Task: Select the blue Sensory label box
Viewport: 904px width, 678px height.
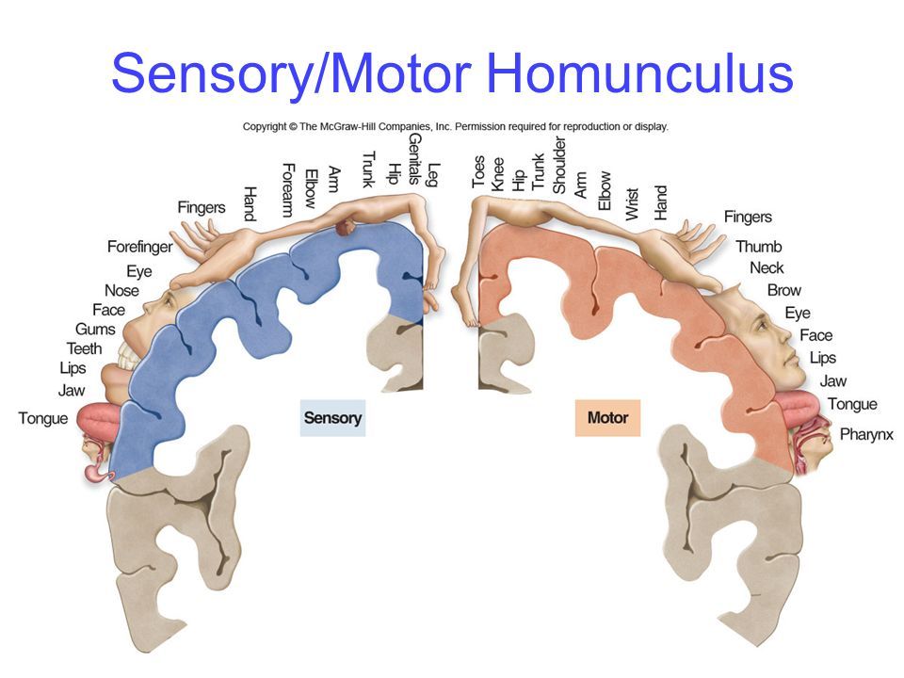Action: [x=332, y=417]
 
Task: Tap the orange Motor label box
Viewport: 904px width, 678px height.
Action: [x=607, y=417]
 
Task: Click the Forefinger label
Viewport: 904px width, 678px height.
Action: [x=140, y=248]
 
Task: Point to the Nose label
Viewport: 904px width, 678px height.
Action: [x=121, y=291]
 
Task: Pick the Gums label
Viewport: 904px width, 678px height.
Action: [x=95, y=330]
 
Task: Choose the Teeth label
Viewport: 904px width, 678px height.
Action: [x=84, y=348]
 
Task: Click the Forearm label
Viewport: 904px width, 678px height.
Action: [x=288, y=190]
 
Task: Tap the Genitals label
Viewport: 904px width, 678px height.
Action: [x=414, y=158]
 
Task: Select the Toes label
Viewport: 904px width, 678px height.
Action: [x=478, y=171]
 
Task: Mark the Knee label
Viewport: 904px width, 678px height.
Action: [x=497, y=174]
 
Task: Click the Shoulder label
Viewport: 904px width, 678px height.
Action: [x=558, y=165]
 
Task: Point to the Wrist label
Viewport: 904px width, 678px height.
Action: [x=632, y=203]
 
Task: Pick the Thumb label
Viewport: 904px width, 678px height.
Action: [x=759, y=247]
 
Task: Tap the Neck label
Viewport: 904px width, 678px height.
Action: [x=767, y=268]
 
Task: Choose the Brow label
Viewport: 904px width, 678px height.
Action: [x=784, y=290]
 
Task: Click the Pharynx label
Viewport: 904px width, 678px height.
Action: [x=866, y=435]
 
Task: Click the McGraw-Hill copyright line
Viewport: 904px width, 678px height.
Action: [x=456, y=126]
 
